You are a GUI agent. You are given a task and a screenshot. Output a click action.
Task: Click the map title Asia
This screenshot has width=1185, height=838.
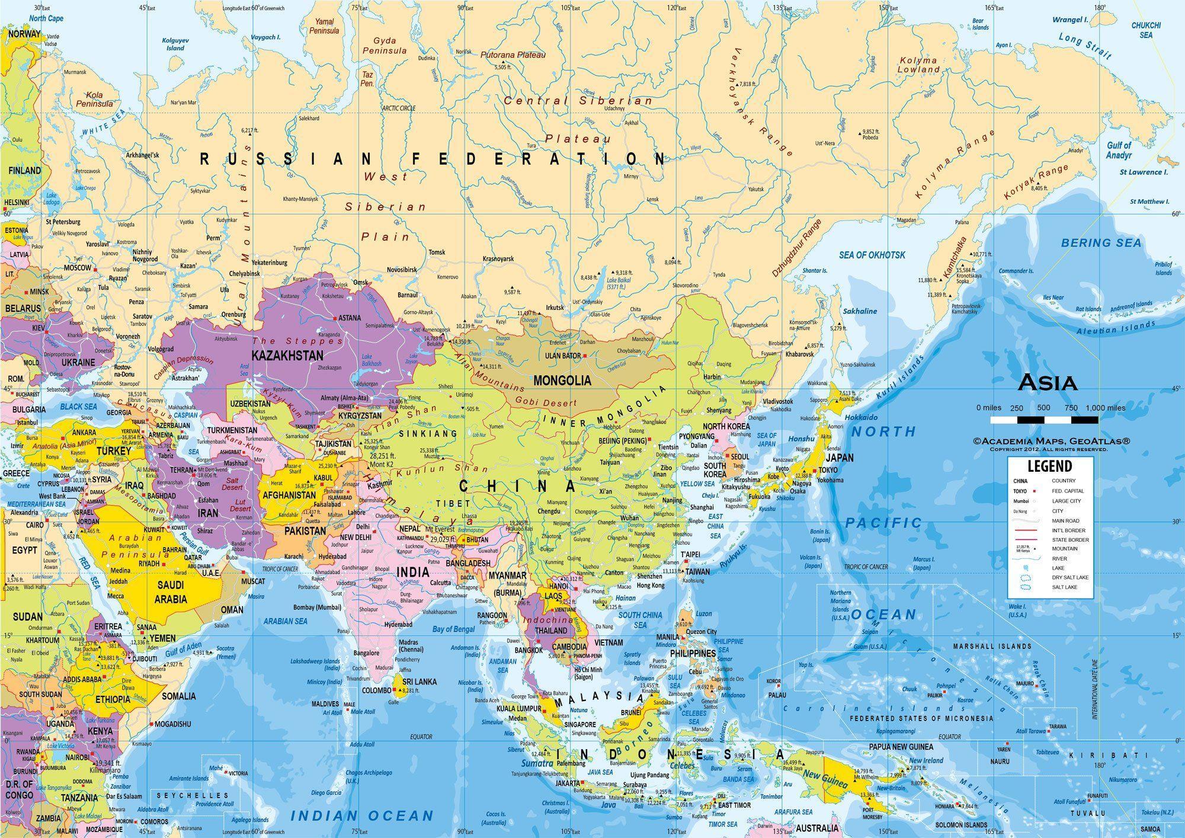tap(1047, 383)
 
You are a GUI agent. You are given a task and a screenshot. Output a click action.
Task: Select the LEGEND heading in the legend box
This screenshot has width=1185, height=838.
tap(1049, 466)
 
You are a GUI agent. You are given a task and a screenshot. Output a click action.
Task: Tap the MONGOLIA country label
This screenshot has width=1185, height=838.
tap(562, 380)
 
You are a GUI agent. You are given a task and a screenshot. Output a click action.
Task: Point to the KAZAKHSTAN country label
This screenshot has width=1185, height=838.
tap(287, 356)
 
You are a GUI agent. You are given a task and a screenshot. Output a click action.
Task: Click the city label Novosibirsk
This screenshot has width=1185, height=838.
tap(402, 270)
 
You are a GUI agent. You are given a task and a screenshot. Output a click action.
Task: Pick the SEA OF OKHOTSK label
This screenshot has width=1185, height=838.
tap(872, 255)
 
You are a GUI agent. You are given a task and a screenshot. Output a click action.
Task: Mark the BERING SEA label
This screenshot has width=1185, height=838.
tap(1101, 242)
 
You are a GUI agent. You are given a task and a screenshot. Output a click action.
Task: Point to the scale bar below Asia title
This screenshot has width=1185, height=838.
tap(1044, 420)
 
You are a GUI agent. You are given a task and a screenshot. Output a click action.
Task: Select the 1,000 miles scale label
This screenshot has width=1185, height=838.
tap(1105, 408)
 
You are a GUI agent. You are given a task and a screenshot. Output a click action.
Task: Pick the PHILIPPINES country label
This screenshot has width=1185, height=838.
tap(693, 653)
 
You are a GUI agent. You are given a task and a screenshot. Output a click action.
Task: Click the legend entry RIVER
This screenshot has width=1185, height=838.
tap(1059, 558)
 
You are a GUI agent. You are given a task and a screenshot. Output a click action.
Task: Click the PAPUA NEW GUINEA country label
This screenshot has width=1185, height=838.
tap(901, 747)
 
